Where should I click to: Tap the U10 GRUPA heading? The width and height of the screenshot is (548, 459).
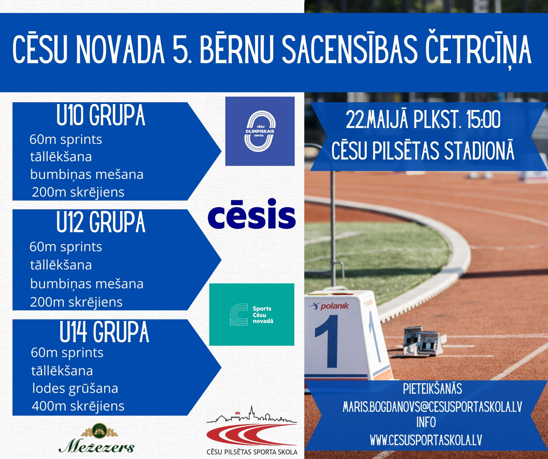(x=101, y=115)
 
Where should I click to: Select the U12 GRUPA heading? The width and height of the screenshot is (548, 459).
(x=101, y=222)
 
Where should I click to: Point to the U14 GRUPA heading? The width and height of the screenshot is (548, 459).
(x=104, y=332)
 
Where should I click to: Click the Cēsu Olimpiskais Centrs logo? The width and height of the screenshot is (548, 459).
(x=260, y=131)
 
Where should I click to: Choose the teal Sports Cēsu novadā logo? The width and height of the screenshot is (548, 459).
(x=252, y=314)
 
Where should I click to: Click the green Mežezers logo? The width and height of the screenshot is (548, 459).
(x=96, y=438)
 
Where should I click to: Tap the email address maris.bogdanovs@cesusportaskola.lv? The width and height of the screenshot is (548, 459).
(x=432, y=407)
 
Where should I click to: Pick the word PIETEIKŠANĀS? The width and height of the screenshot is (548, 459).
(x=432, y=389)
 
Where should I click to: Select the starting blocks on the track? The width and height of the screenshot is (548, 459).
(x=423, y=341)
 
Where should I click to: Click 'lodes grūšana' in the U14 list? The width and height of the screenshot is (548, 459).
(x=75, y=389)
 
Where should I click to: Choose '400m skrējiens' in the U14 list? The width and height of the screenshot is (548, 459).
(x=78, y=406)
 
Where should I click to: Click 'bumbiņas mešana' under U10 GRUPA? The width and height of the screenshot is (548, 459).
(x=87, y=174)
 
